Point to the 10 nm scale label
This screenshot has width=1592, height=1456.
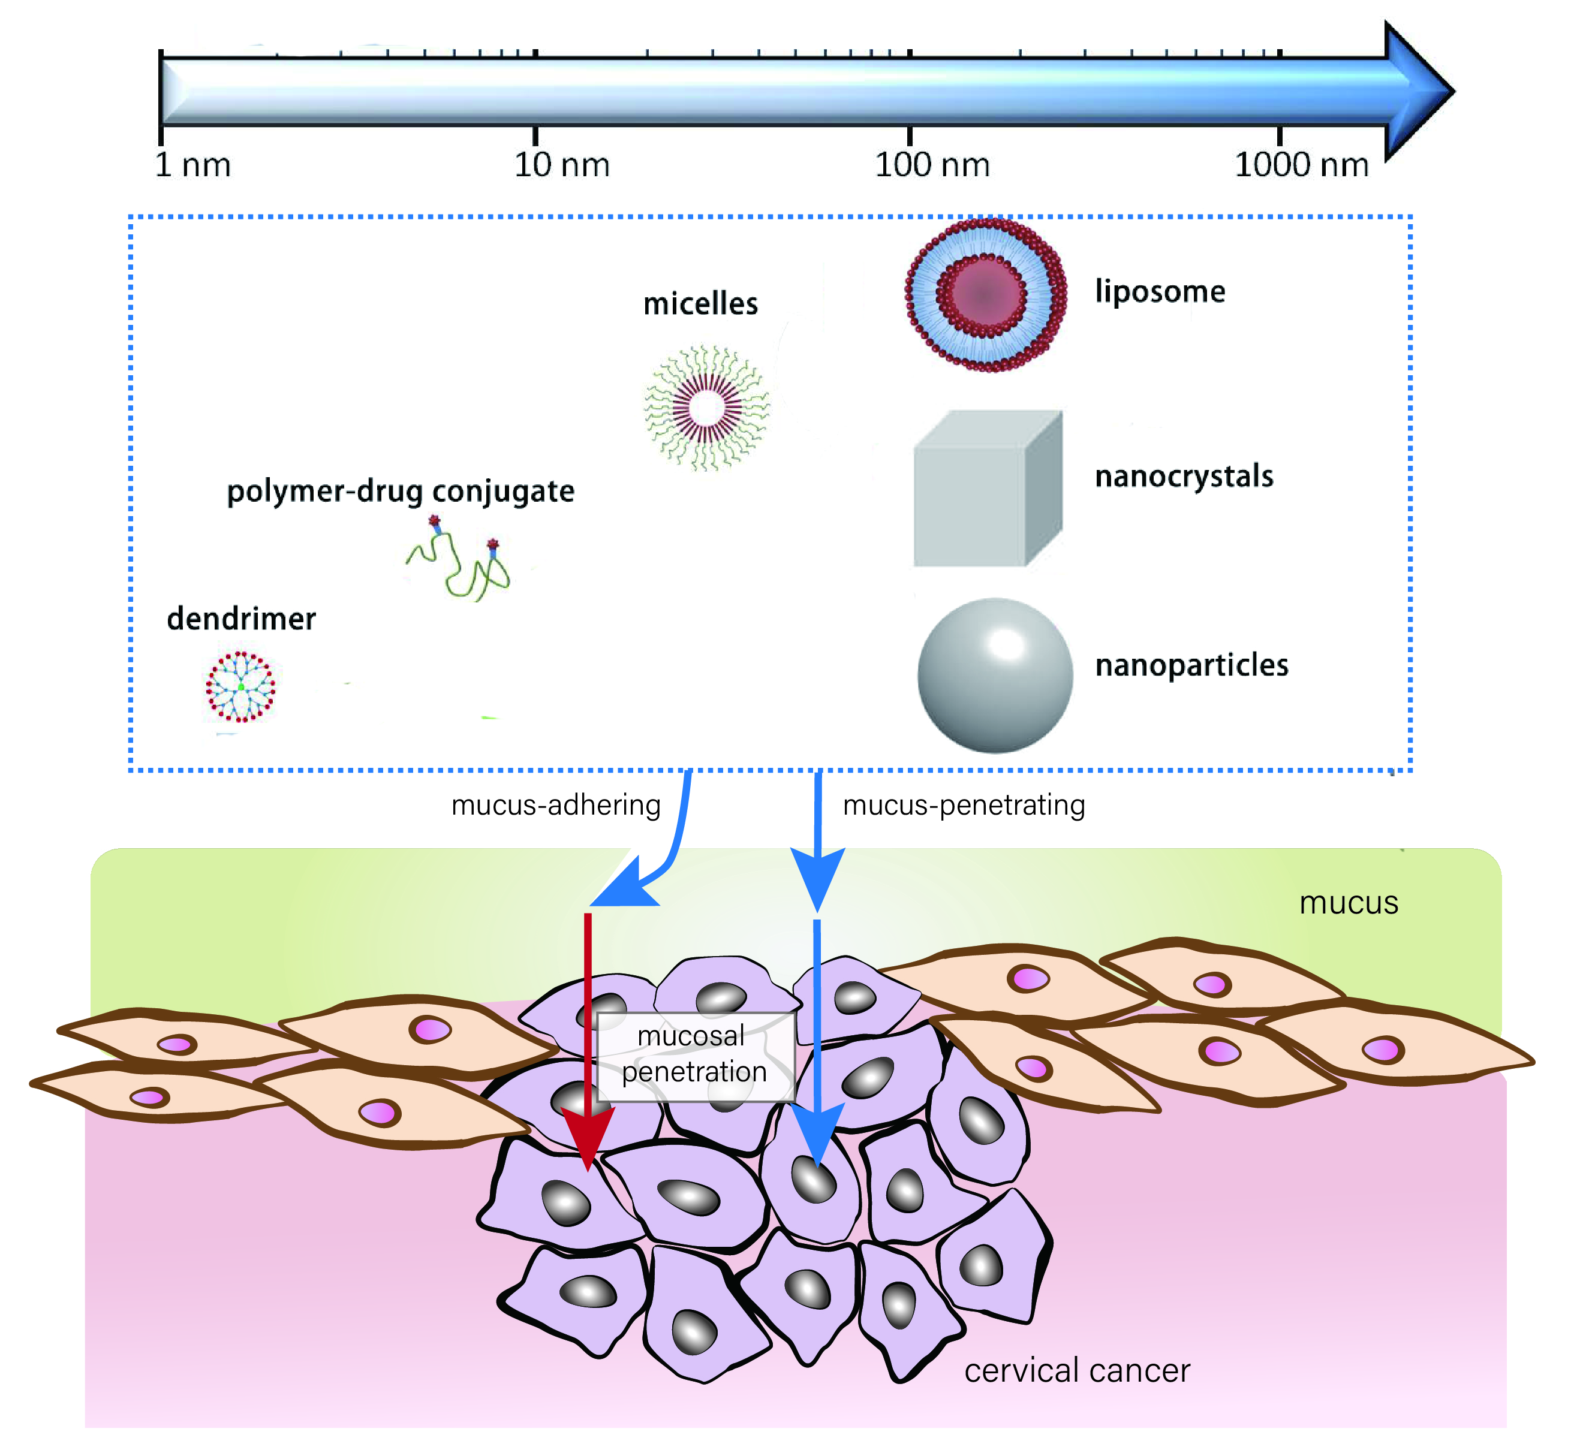click(x=561, y=165)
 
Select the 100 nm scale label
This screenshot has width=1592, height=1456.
click(x=932, y=165)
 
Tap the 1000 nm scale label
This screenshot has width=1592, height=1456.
click(x=1301, y=165)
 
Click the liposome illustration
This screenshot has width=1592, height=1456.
click(x=986, y=294)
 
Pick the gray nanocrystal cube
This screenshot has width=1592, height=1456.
click(x=987, y=490)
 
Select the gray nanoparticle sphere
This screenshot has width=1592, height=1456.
click(x=995, y=675)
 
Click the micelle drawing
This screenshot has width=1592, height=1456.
click(x=707, y=408)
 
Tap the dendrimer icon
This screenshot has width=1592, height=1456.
click(x=241, y=686)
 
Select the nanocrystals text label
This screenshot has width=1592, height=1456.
click(x=1184, y=476)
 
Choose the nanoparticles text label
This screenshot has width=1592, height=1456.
click(x=1191, y=665)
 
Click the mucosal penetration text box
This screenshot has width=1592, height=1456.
click(x=695, y=1056)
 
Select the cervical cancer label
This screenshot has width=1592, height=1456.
click(x=1077, y=1371)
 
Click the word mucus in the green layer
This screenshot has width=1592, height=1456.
click(x=1349, y=903)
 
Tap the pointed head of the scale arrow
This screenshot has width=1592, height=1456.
click(x=1422, y=91)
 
